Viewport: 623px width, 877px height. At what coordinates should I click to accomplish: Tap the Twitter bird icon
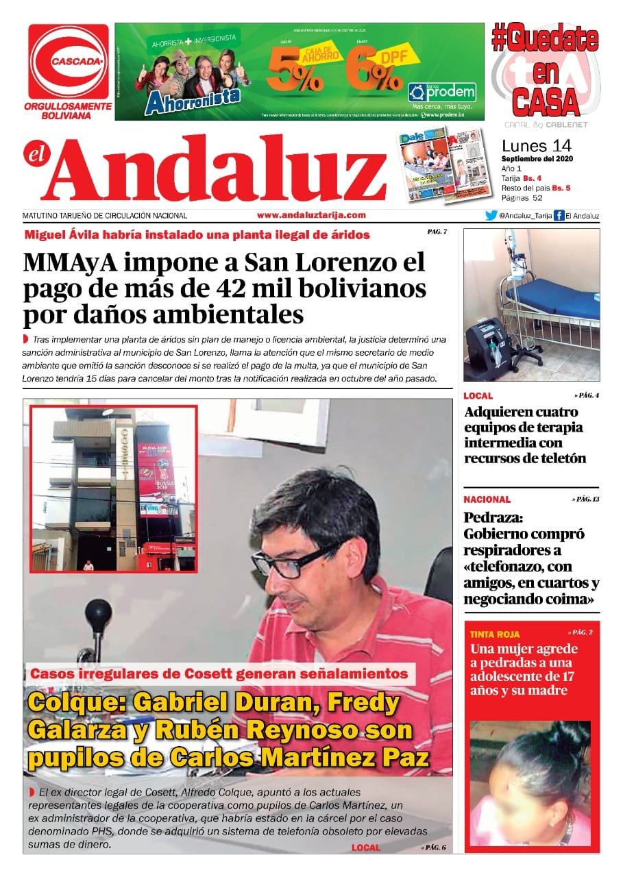[x=491, y=215]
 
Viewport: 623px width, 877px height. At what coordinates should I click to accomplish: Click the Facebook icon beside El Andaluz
[x=559, y=215]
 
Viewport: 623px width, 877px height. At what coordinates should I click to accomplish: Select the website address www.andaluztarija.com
[x=311, y=214]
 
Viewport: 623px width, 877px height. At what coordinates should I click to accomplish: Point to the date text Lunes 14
[x=536, y=146]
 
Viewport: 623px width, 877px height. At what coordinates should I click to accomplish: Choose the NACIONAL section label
[x=487, y=499]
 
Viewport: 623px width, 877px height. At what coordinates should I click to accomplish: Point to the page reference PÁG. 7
[x=437, y=232]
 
